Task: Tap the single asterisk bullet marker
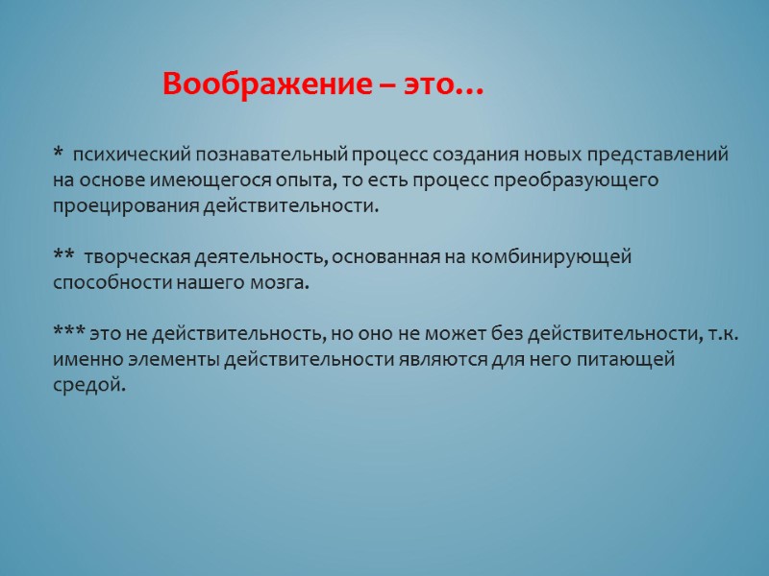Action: pos(59,154)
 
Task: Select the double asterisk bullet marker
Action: pos(64,257)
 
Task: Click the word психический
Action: pos(133,155)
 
